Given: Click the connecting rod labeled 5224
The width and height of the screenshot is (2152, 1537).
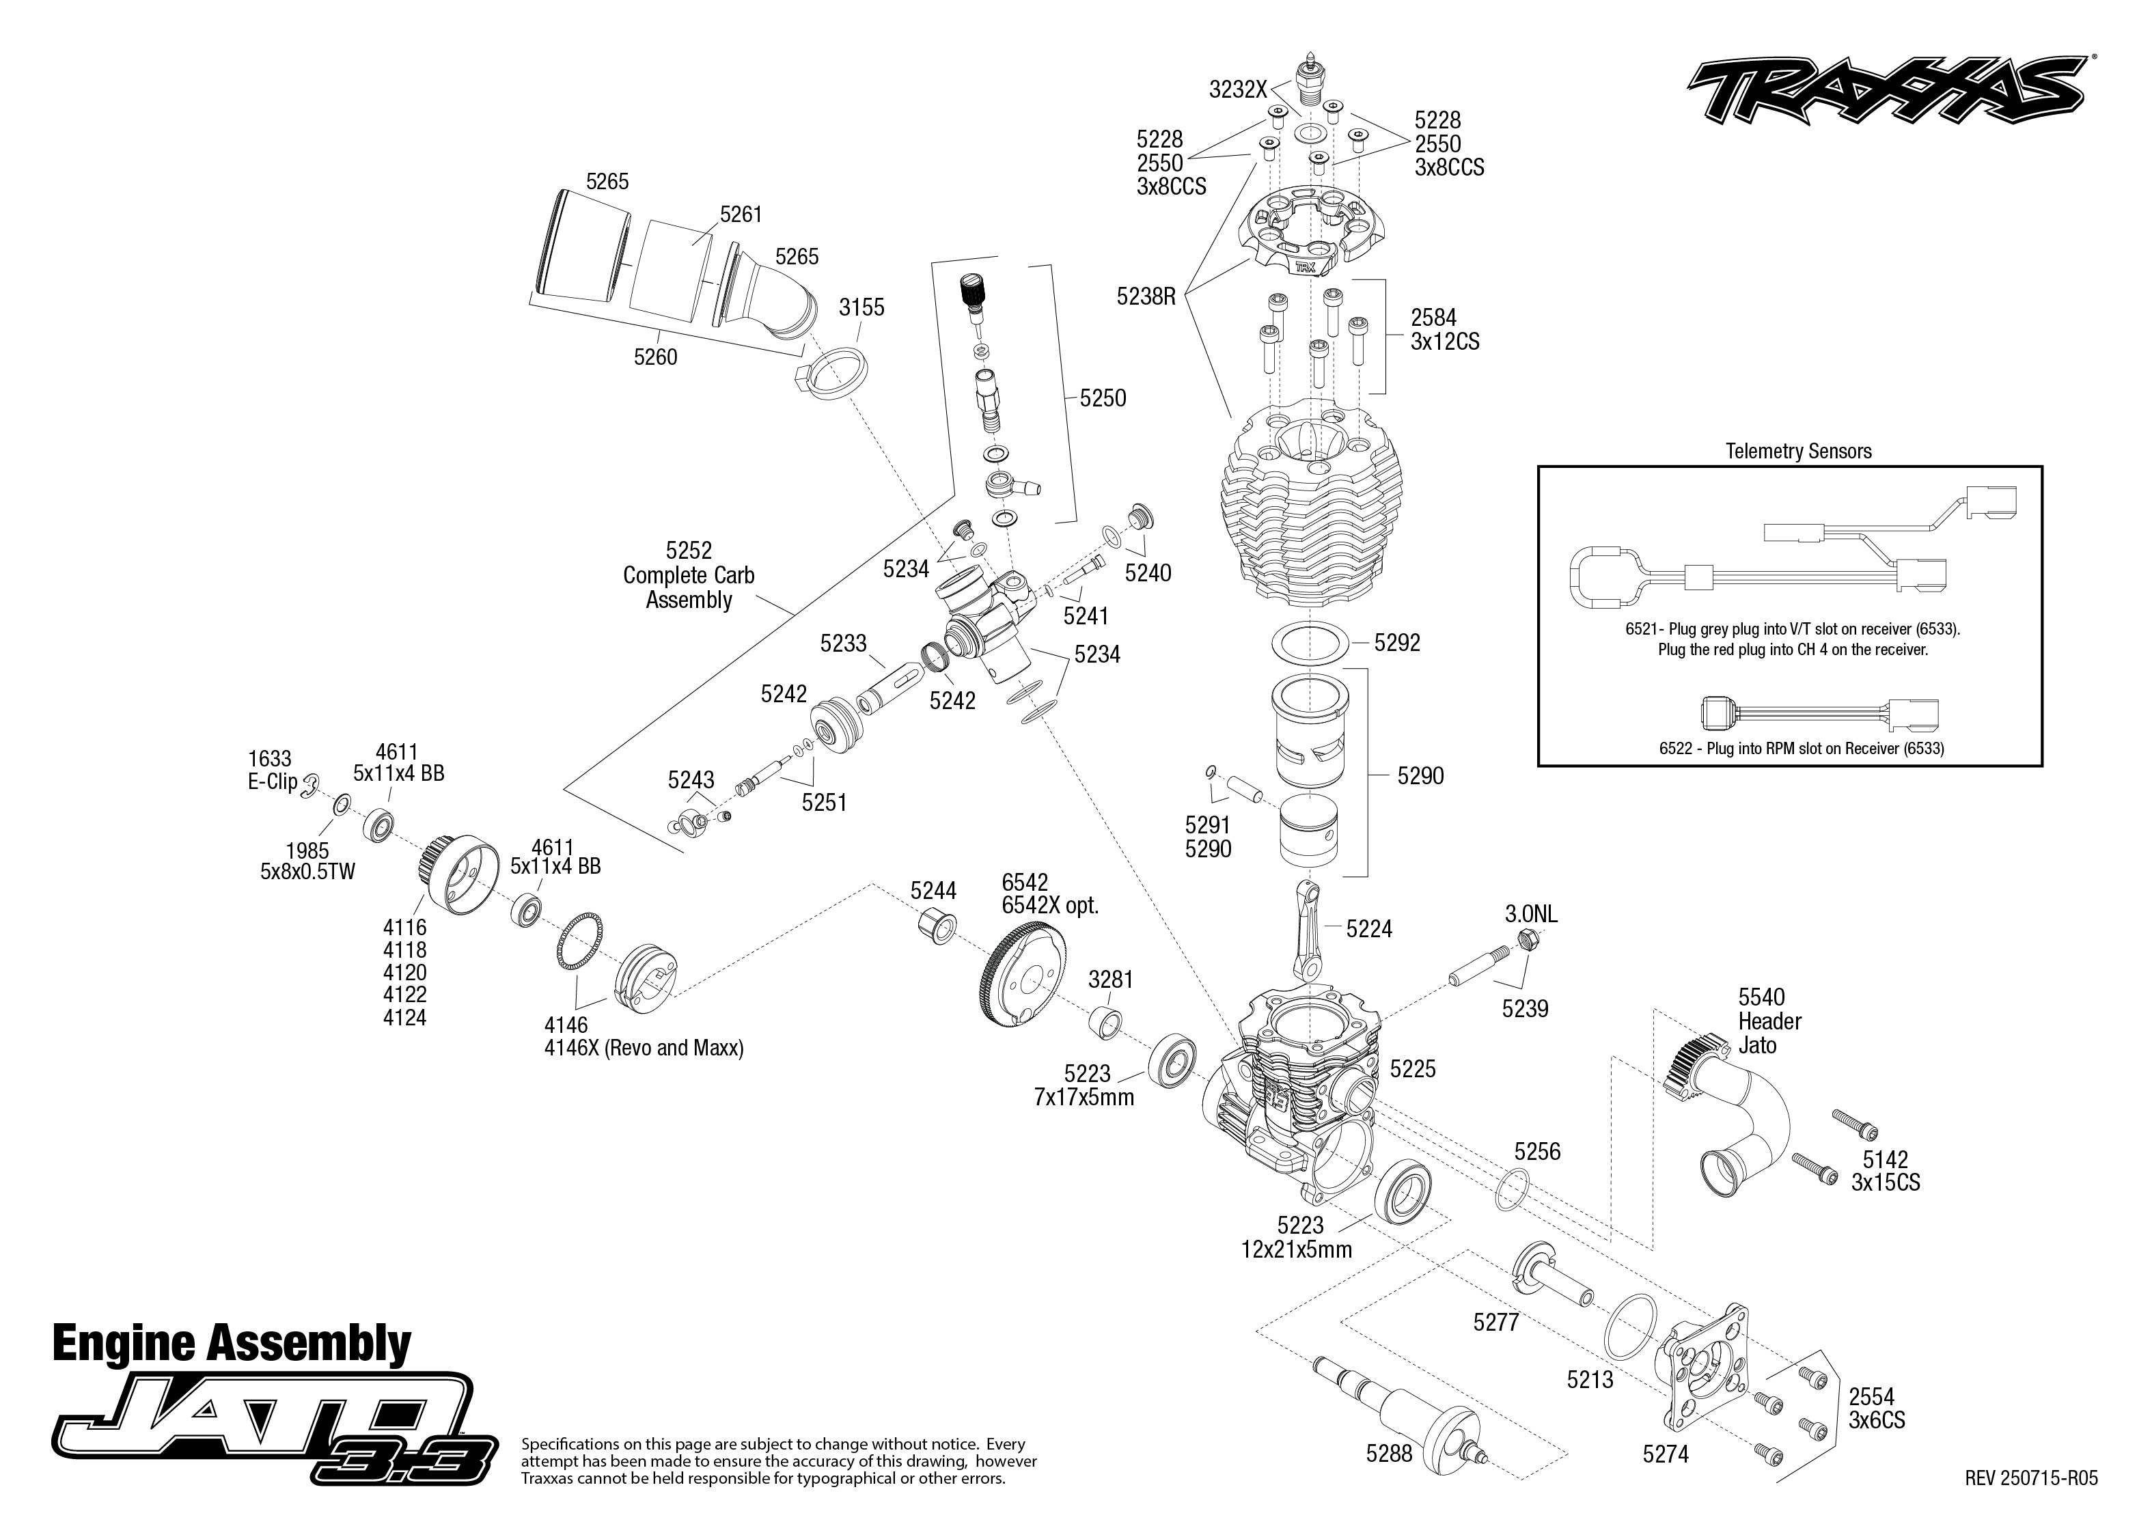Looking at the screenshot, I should tap(1307, 931).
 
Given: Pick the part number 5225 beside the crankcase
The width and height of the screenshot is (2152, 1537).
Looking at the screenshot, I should tap(1412, 1070).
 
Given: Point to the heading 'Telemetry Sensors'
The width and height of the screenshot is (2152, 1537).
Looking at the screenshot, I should tap(1798, 452).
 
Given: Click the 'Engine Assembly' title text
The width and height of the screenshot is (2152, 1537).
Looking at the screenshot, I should tap(232, 1344).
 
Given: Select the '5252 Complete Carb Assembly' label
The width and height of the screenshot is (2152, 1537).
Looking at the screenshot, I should tap(689, 575).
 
